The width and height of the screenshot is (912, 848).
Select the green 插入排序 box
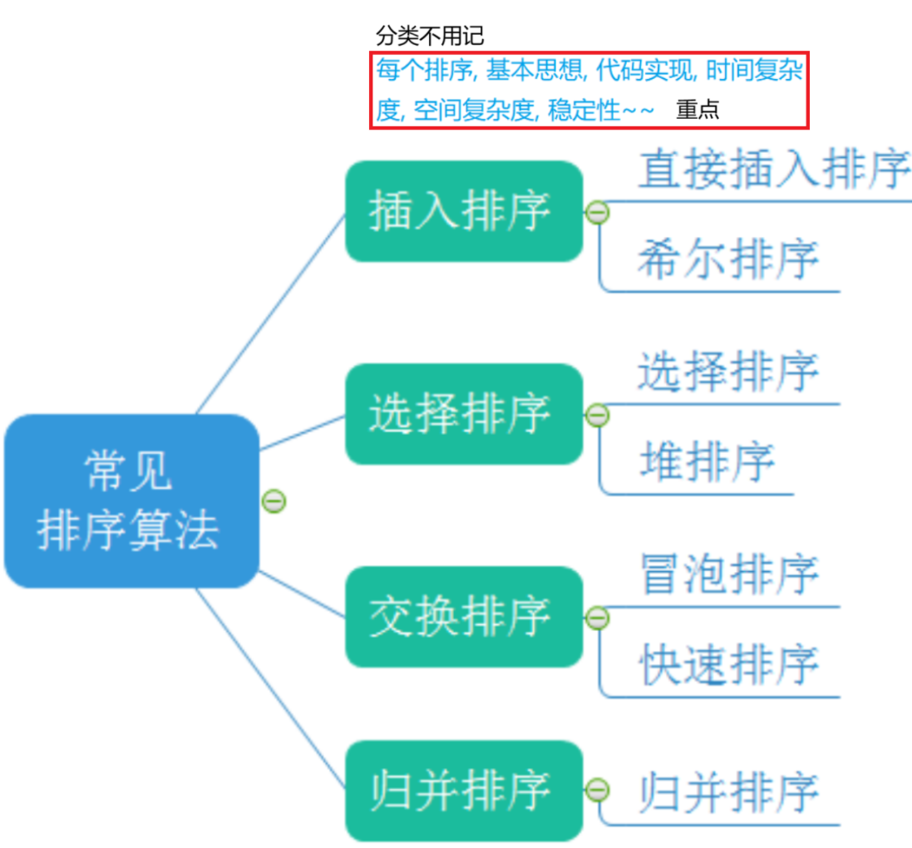click(x=463, y=211)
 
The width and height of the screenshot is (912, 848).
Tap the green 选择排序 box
click(x=463, y=413)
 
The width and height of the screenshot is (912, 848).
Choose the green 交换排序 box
click(x=463, y=616)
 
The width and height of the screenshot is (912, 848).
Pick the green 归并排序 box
click(x=463, y=790)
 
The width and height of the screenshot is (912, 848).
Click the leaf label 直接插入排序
click(x=773, y=170)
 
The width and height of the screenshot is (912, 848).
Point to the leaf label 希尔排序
click(x=728, y=259)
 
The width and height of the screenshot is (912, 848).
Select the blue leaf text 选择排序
click(x=728, y=371)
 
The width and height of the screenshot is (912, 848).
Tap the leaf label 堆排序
click(x=707, y=461)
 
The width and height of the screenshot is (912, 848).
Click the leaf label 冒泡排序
click(x=728, y=574)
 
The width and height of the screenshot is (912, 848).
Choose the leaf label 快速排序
click(x=728, y=664)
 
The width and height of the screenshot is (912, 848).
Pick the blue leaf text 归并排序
click(x=728, y=791)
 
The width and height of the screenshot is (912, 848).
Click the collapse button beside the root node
click(x=274, y=500)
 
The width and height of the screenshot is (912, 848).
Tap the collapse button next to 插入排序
click(x=597, y=212)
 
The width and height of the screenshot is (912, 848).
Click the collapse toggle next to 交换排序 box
click(x=597, y=618)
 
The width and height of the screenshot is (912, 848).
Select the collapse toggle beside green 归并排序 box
click(x=597, y=791)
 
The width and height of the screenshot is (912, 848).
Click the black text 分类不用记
click(x=429, y=36)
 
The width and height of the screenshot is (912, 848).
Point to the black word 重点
click(x=697, y=110)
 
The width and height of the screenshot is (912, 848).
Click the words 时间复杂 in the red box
click(x=754, y=71)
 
